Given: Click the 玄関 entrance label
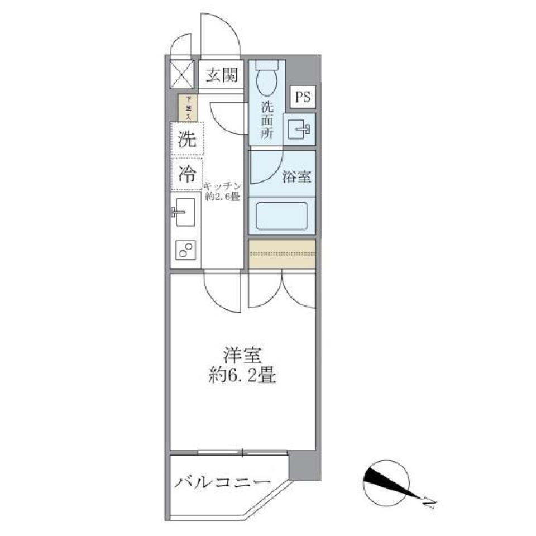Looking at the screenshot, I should click(221, 75).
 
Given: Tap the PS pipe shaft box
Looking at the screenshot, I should click(302, 97).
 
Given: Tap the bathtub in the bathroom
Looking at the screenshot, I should click(282, 216).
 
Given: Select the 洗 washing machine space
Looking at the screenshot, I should click(187, 139).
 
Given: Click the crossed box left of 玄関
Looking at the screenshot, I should click(182, 73).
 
